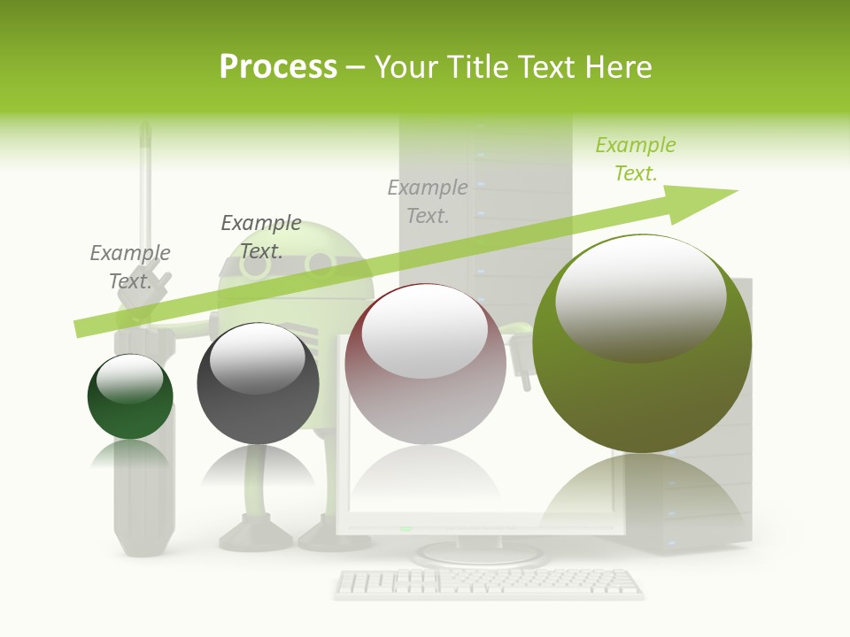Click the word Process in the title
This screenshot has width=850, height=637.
[x=278, y=66]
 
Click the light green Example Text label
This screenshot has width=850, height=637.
[x=635, y=159]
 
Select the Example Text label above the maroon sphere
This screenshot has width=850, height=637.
[x=428, y=201]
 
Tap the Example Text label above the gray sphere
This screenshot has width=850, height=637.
[x=261, y=236]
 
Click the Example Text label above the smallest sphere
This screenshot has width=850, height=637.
[x=130, y=266]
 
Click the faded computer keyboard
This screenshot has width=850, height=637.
[x=489, y=583]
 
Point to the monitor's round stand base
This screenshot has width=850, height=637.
[x=480, y=555]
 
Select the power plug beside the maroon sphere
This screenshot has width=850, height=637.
[x=520, y=354]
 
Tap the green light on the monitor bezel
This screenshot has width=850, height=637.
[x=406, y=528]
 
